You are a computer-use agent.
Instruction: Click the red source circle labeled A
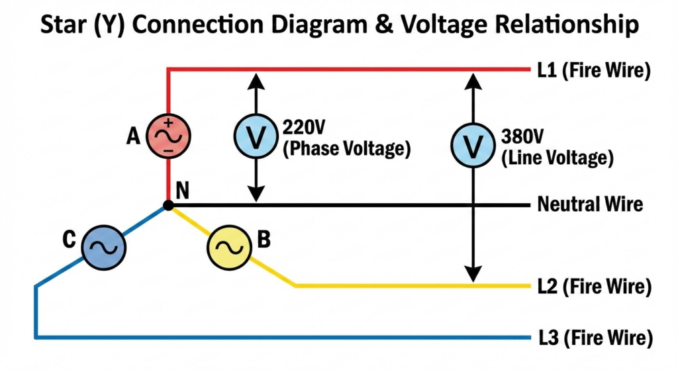[x=168, y=136]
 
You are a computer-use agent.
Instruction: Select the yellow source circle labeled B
[x=228, y=249]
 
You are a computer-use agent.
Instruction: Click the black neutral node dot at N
[x=168, y=206]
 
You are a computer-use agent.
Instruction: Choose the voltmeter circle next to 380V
[x=472, y=146]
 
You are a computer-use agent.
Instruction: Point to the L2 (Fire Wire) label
[x=594, y=287]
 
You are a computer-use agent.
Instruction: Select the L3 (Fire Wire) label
[x=594, y=338]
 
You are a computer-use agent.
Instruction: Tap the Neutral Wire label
[x=590, y=204]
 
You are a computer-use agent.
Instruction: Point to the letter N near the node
[x=183, y=191]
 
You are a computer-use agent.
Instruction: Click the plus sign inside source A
[x=168, y=122]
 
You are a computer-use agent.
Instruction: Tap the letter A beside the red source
[x=134, y=136]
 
